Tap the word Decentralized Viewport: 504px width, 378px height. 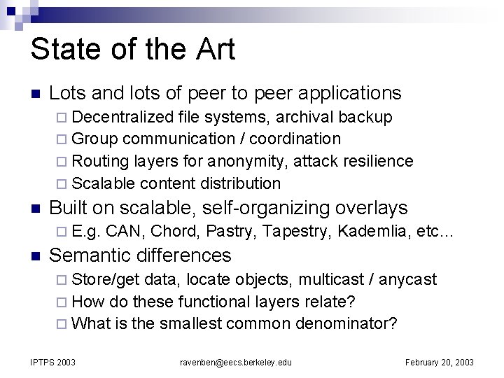pos(122,115)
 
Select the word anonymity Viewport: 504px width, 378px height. pos(248,161)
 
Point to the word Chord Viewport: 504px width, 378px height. pos(175,232)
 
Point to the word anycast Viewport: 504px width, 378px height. pos(409,279)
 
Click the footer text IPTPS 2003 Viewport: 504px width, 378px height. pos(52,362)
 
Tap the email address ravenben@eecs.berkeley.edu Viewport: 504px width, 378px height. pos(236,362)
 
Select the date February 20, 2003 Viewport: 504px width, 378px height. pos(440,362)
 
